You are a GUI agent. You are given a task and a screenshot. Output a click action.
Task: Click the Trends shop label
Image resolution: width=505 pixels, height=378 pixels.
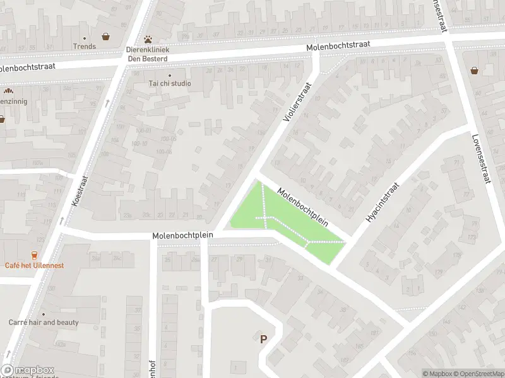tap(85, 46)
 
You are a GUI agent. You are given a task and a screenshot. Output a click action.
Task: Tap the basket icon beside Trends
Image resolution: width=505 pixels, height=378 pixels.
tap(105, 37)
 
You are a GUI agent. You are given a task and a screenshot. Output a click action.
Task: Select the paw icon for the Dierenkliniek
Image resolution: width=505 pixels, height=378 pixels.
tap(148, 39)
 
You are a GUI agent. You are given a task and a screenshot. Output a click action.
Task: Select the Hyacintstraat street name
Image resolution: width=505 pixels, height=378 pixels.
tap(383, 202)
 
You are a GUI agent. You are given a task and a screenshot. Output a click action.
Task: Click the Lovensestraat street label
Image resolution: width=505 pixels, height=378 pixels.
tap(480, 157)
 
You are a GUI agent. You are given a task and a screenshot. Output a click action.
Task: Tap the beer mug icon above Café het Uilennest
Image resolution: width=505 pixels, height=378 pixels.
tap(33, 255)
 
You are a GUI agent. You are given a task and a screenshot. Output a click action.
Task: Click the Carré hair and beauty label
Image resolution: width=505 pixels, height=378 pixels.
tap(44, 323)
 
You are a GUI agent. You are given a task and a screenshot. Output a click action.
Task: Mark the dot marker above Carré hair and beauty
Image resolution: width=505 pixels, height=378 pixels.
tap(44, 314)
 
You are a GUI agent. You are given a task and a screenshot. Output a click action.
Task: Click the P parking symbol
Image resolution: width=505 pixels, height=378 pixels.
tap(263, 339)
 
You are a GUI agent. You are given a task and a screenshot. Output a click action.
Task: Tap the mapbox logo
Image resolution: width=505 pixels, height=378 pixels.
tap(28, 370)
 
